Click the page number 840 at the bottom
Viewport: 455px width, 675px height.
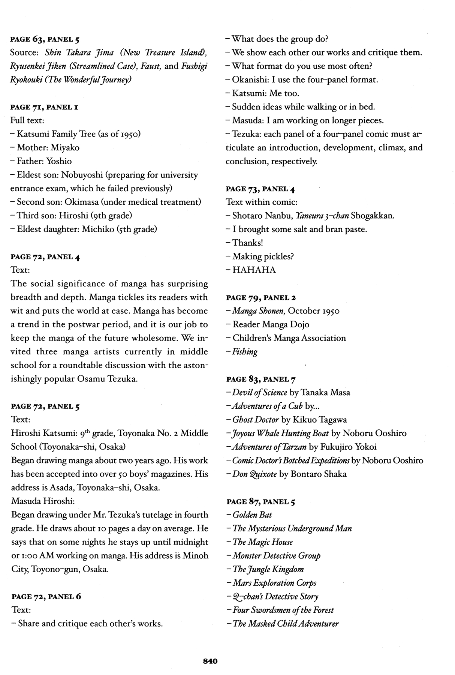[210, 661]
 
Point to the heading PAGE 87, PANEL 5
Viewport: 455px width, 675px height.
[261, 502]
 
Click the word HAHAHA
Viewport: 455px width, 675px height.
[254, 270]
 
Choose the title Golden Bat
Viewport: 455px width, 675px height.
[252, 515]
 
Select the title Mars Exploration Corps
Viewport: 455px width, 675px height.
[274, 583]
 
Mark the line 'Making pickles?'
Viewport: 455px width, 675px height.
[263, 256]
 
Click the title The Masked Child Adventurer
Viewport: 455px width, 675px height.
[285, 624]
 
